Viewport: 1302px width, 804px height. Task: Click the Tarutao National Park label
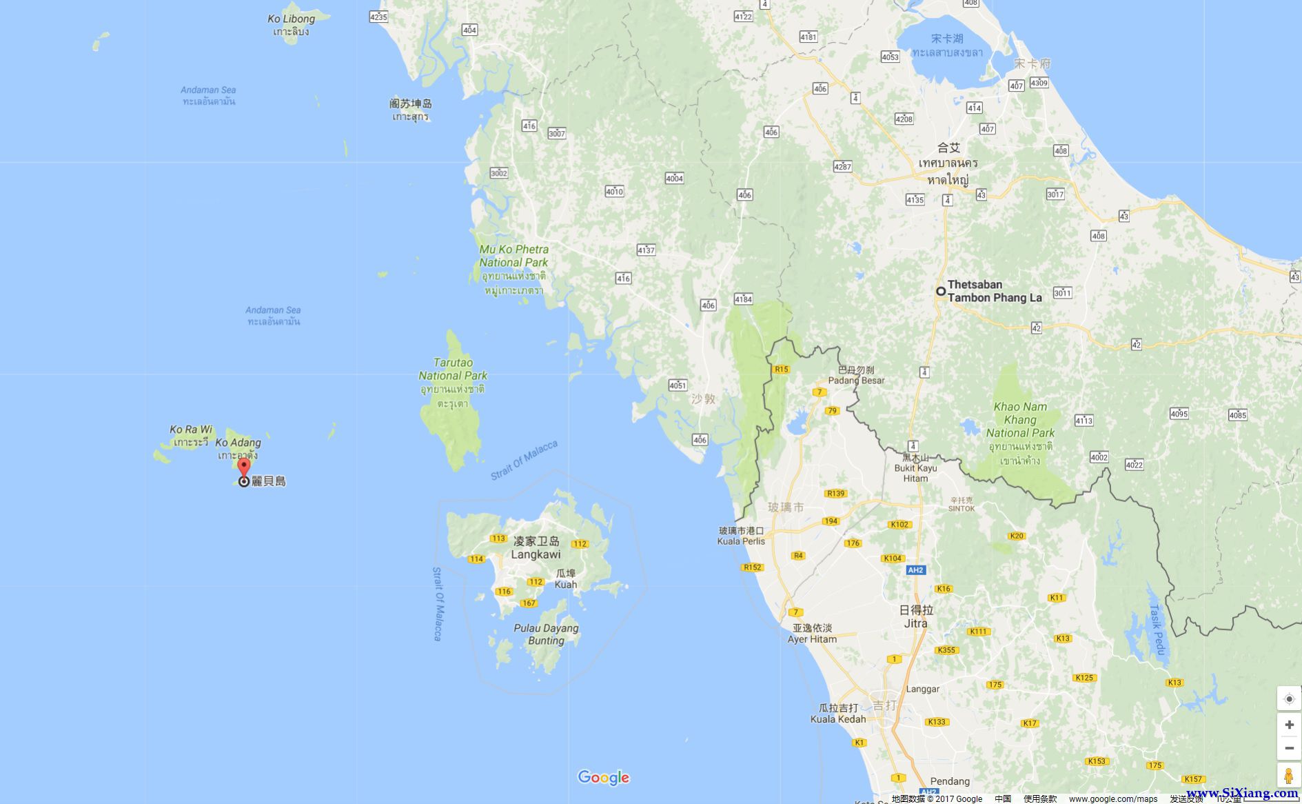coord(453,369)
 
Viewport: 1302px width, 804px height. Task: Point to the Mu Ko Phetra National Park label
coord(513,256)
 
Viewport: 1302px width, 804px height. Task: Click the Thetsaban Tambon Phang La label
coord(994,291)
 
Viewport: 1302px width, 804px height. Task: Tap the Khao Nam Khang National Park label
coord(1020,420)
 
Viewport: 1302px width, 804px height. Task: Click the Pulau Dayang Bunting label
coord(546,634)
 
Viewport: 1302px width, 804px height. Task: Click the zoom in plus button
coord(1289,725)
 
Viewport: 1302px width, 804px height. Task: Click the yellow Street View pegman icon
coord(1288,776)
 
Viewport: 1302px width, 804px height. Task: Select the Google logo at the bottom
coord(603,778)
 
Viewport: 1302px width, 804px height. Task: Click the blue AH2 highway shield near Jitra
coord(915,570)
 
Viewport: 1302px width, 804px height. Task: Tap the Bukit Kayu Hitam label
coord(915,468)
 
